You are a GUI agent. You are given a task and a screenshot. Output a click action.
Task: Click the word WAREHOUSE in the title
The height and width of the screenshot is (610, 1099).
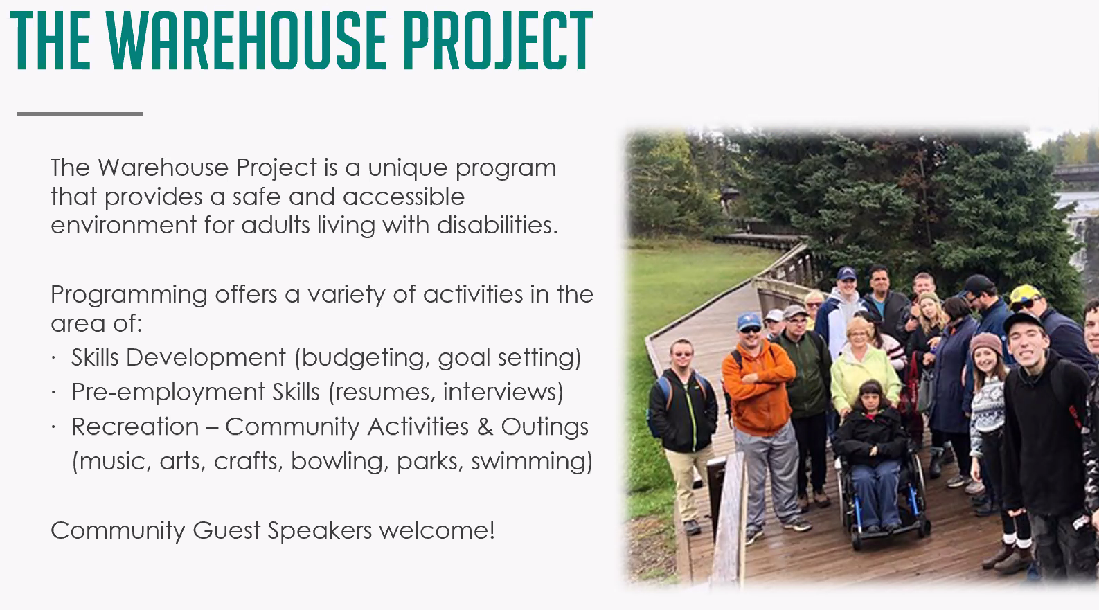click(247, 41)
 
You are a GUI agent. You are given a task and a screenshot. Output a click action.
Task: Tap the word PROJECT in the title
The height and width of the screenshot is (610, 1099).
click(498, 41)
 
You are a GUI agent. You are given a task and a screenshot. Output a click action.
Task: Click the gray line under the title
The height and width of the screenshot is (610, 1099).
click(80, 114)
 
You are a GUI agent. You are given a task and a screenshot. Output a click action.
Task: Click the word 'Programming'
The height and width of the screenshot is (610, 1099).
click(129, 296)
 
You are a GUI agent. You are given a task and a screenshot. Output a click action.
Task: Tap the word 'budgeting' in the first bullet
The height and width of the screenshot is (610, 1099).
click(366, 357)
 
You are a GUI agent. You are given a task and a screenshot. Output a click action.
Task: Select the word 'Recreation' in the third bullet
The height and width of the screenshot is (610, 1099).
click(136, 427)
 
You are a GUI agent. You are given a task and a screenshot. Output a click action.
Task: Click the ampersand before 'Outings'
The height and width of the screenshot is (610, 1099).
click(484, 427)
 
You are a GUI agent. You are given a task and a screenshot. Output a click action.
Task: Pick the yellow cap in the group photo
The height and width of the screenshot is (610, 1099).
click(1024, 294)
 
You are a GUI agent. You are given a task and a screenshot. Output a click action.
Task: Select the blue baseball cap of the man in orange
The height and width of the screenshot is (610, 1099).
click(749, 321)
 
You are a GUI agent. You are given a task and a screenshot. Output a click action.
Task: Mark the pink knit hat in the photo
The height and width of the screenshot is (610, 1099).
click(985, 343)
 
